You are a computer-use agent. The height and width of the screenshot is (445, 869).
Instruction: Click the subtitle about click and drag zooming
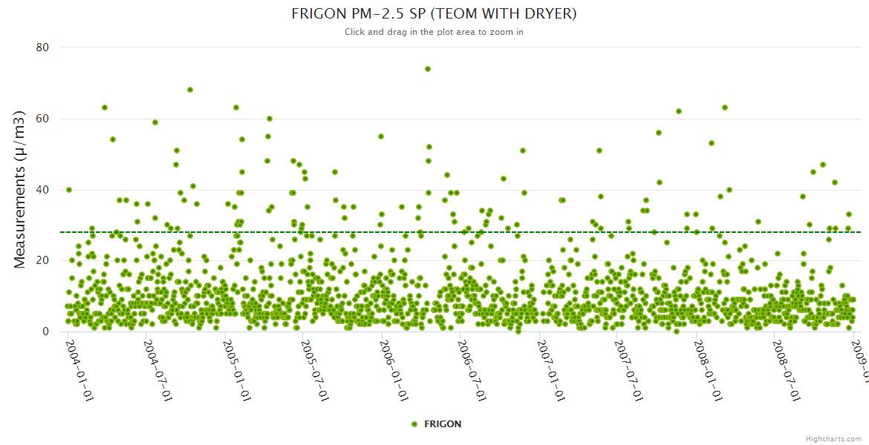coord(434,32)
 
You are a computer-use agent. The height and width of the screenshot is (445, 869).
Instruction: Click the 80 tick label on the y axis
coord(42,47)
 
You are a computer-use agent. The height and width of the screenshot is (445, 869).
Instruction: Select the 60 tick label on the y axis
coord(42,119)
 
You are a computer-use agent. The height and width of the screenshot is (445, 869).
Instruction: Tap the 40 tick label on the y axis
coord(42,190)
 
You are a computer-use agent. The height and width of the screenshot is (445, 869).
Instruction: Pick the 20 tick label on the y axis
coord(42,260)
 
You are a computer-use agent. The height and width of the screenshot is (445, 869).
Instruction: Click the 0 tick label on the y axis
coord(45,332)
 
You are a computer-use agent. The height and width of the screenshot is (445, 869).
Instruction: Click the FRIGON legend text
coord(443,424)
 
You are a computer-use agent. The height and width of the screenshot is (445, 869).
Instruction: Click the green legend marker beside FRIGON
coord(414,424)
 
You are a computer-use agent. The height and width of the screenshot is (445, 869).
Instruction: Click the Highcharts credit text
coord(833,439)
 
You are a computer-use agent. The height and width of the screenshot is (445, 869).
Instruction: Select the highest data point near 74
coord(428,69)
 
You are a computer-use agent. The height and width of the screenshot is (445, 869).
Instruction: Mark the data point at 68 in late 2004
coord(190,90)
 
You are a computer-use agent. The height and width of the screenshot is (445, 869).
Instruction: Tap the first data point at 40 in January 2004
coord(69,190)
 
